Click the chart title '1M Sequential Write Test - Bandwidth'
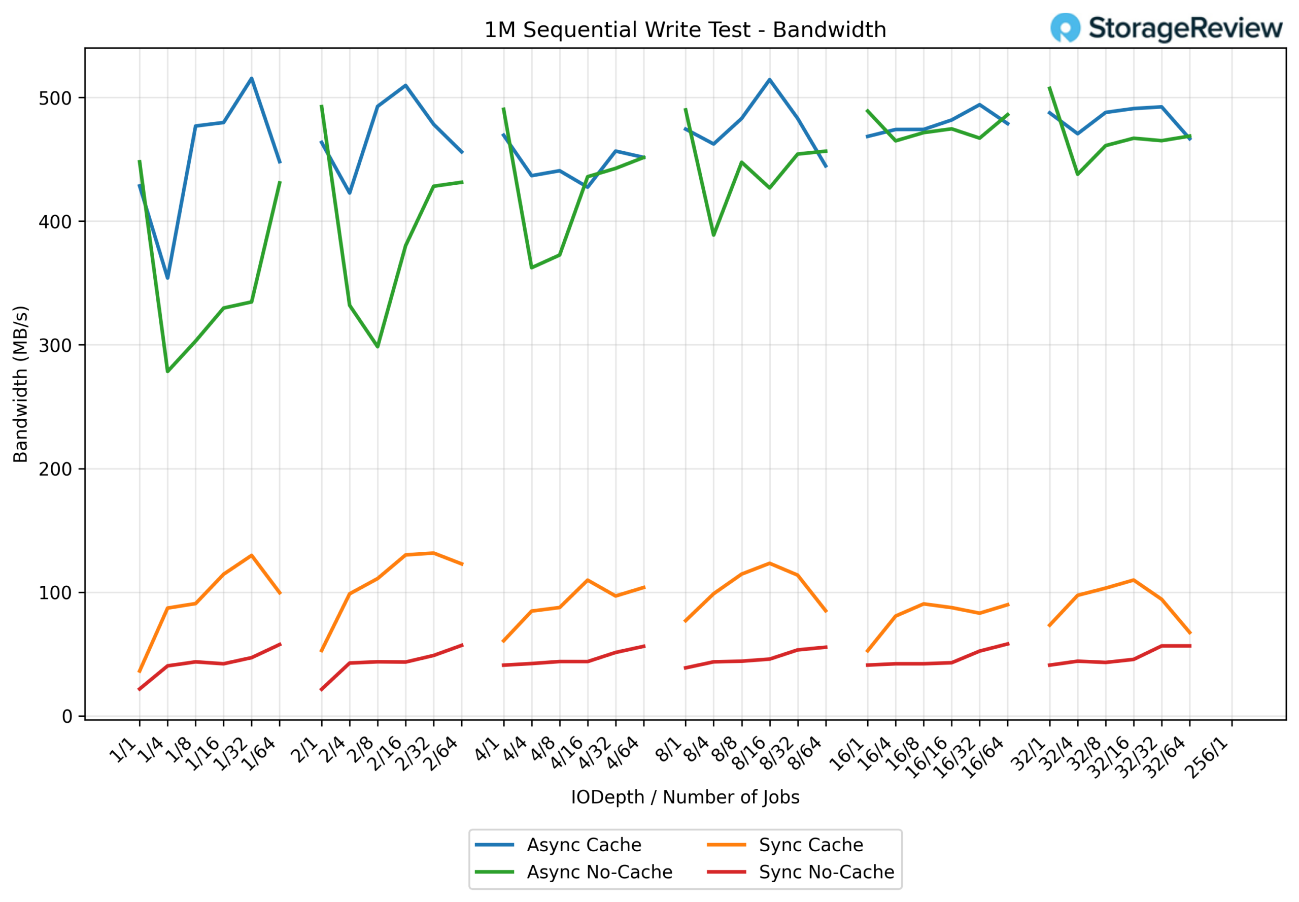click(685, 30)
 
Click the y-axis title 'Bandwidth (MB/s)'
click(20, 384)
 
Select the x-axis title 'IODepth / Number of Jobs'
click(685, 797)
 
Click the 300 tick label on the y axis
click(55, 345)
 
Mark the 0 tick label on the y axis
click(66, 717)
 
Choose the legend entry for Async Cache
click(583, 845)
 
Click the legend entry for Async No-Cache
click(599, 872)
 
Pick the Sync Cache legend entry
click(810, 845)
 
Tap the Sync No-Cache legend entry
click(826, 872)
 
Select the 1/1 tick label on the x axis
click(123, 750)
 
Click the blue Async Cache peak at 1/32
click(252, 78)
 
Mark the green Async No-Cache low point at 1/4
click(167, 372)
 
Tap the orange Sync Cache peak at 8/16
click(769, 563)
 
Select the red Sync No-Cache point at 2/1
click(322, 689)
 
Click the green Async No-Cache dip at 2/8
click(378, 347)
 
